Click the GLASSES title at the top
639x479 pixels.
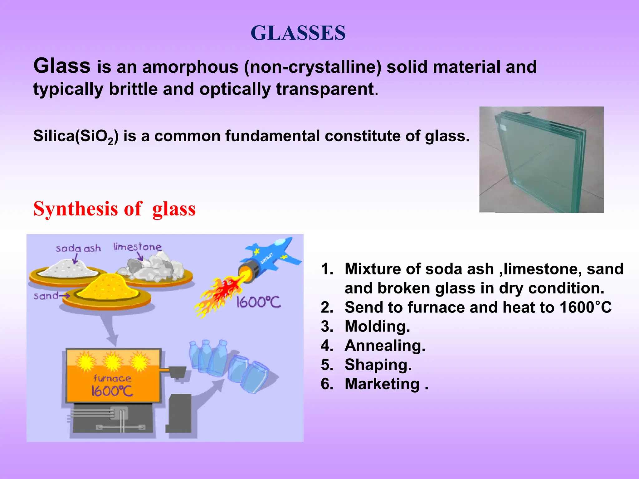[298, 33]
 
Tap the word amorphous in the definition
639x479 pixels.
[190, 67]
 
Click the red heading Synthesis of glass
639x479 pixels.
[114, 209]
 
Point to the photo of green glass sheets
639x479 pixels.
[541, 160]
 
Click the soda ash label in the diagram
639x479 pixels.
[78, 249]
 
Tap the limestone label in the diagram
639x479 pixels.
[137, 247]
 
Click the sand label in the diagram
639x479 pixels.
[46, 296]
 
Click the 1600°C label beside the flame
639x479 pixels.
[258, 302]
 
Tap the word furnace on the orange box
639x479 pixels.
[112, 378]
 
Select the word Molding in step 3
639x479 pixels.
[377, 327]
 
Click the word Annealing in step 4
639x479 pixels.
[385, 346]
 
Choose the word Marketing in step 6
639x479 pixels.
[382, 384]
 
